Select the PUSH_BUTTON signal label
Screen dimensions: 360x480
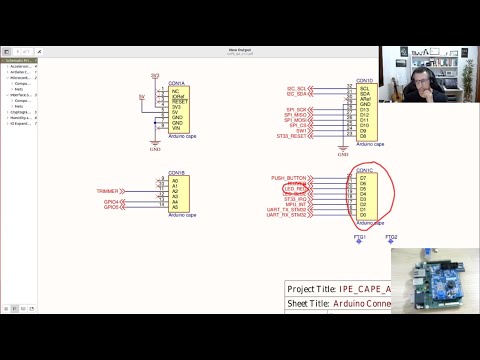(x=289, y=178)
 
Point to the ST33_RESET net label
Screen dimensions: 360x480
(x=292, y=136)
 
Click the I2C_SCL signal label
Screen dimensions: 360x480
(x=296, y=88)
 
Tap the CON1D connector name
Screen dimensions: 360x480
(x=364, y=79)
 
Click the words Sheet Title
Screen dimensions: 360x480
(x=308, y=303)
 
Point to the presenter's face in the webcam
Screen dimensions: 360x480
(x=428, y=75)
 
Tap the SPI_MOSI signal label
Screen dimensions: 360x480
(x=296, y=120)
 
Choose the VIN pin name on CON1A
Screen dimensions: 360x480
(x=176, y=129)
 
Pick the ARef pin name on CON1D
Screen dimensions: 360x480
(x=365, y=99)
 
